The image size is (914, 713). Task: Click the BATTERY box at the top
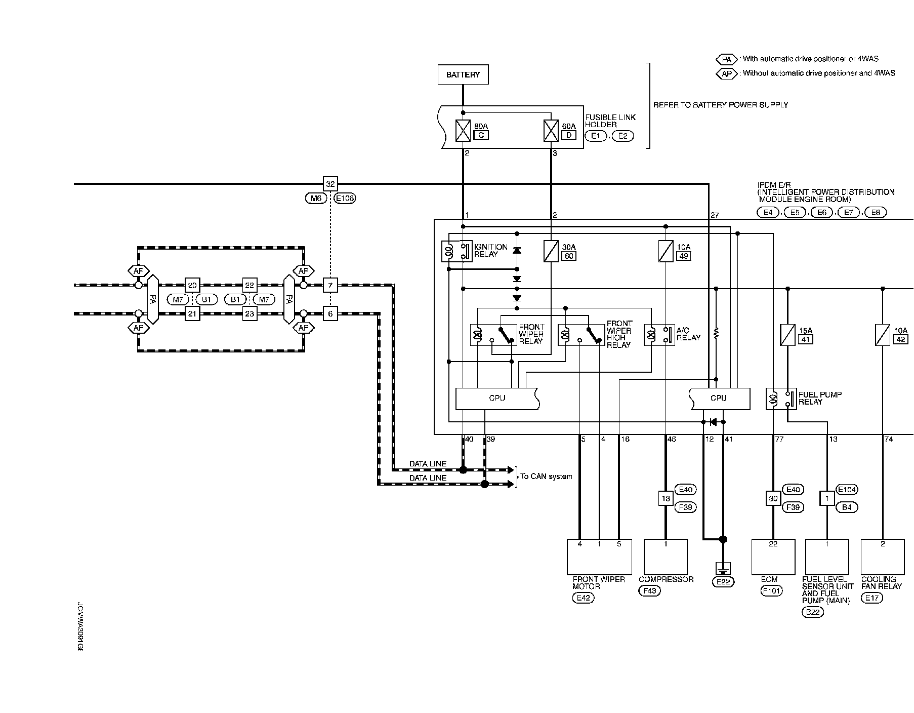click(x=463, y=74)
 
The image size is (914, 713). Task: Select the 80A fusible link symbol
click(x=463, y=131)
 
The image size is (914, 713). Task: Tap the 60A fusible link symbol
click(x=551, y=131)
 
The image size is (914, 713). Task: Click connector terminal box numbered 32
click(x=330, y=184)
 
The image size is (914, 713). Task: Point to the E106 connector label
click(x=345, y=199)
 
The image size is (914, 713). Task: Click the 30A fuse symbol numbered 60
click(x=551, y=251)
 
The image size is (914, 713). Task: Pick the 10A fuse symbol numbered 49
click(x=666, y=251)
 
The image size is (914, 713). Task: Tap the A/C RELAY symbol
click(x=659, y=335)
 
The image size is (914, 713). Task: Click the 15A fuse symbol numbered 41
click(x=787, y=335)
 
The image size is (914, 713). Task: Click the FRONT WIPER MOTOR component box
click(x=599, y=557)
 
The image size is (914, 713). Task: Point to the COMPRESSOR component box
click(x=666, y=557)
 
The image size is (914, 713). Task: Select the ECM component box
click(x=773, y=557)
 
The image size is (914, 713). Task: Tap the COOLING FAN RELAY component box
click(x=883, y=557)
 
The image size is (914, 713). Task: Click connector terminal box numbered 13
click(x=666, y=498)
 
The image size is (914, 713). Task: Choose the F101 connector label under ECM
click(x=772, y=590)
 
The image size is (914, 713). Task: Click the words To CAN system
click(x=547, y=477)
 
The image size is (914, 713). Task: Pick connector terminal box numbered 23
click(x=250, y=314)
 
